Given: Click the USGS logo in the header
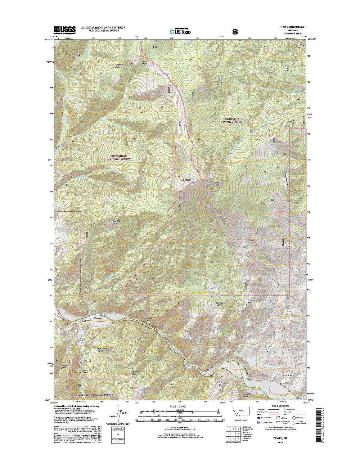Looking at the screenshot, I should (65, 30).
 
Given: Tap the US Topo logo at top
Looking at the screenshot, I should (180, 31).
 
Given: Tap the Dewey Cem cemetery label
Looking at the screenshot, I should (82, 340).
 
